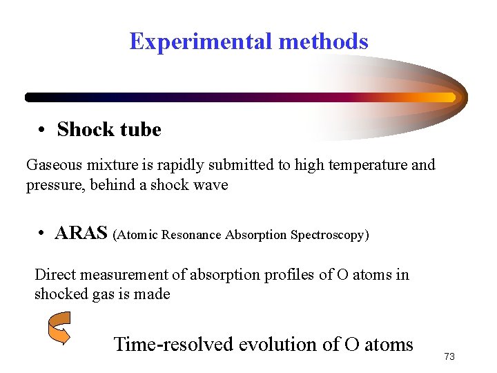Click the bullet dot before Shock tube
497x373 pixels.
pyautogui.click(x=42, y=131)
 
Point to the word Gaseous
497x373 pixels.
pyautogui.click(x=55, y=165)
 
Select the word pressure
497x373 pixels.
pyautogui.click(x=54, y=185)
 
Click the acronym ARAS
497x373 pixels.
pyautogui.click(x=81, y=233)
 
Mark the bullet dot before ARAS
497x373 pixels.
pyautogui.click(x=42, y=234)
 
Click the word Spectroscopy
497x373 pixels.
pyautogui.click(x=328, y=235)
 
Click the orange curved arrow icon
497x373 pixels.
pyautogui.click(x=59, y=328)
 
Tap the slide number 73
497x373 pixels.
pyautogui.click(x=449, y=356)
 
